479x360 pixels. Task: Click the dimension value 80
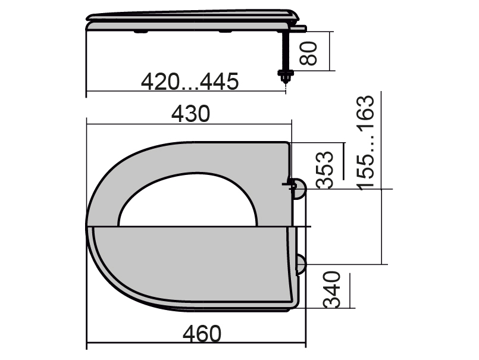[x=309, y=53]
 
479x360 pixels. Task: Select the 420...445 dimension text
[x=190, y=82]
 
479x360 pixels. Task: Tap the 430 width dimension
[x=190, y=114]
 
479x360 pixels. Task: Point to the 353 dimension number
[x=325, y=170]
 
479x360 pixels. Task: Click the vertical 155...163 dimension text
[x=366, y=143]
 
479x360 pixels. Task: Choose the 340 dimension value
[x=332, y=289]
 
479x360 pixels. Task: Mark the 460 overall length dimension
[x=202, y=334]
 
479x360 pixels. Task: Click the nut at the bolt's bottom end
[x=286, y=76]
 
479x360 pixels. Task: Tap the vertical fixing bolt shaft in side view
[x=286, y=51]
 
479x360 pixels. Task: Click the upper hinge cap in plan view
[x=299, y=189]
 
